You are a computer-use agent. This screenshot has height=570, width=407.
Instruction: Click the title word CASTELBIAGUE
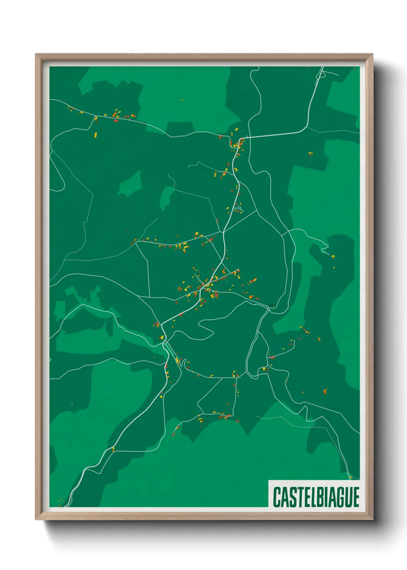(316, 497)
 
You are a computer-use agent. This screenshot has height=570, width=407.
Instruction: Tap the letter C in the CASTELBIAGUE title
(277, 497)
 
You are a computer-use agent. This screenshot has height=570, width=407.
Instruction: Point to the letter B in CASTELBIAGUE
(316, 497)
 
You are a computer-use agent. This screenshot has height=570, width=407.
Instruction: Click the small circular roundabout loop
(239, 208)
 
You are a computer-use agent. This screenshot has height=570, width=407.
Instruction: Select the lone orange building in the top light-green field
(182, 101)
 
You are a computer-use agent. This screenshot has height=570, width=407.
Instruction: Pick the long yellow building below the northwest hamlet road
(96, 135)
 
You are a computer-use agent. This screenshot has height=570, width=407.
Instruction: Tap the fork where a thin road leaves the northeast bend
(308, 126)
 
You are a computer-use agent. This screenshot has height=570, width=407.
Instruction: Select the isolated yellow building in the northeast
(310, 154)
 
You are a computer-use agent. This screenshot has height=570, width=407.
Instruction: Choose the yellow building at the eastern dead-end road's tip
(333, 256)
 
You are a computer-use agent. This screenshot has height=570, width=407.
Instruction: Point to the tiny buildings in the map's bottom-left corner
(60, 501)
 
